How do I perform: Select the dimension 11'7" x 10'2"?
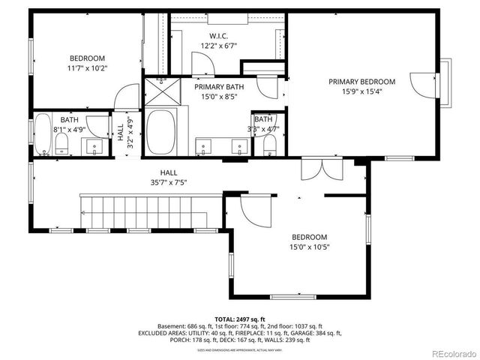pyautogui.click(x=87, y=68)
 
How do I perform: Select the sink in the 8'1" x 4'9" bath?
pyautogui.click(x=94, y=145)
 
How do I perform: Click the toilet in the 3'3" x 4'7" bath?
pyautogui.click(x=268, y=145)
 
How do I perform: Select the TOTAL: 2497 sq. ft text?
pyautogui.click(x=240, y=318)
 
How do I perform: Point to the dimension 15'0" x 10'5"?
pyautogui.click(x=310, y=246)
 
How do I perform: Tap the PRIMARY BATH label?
pyautogui.click(x=216, y=86)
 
